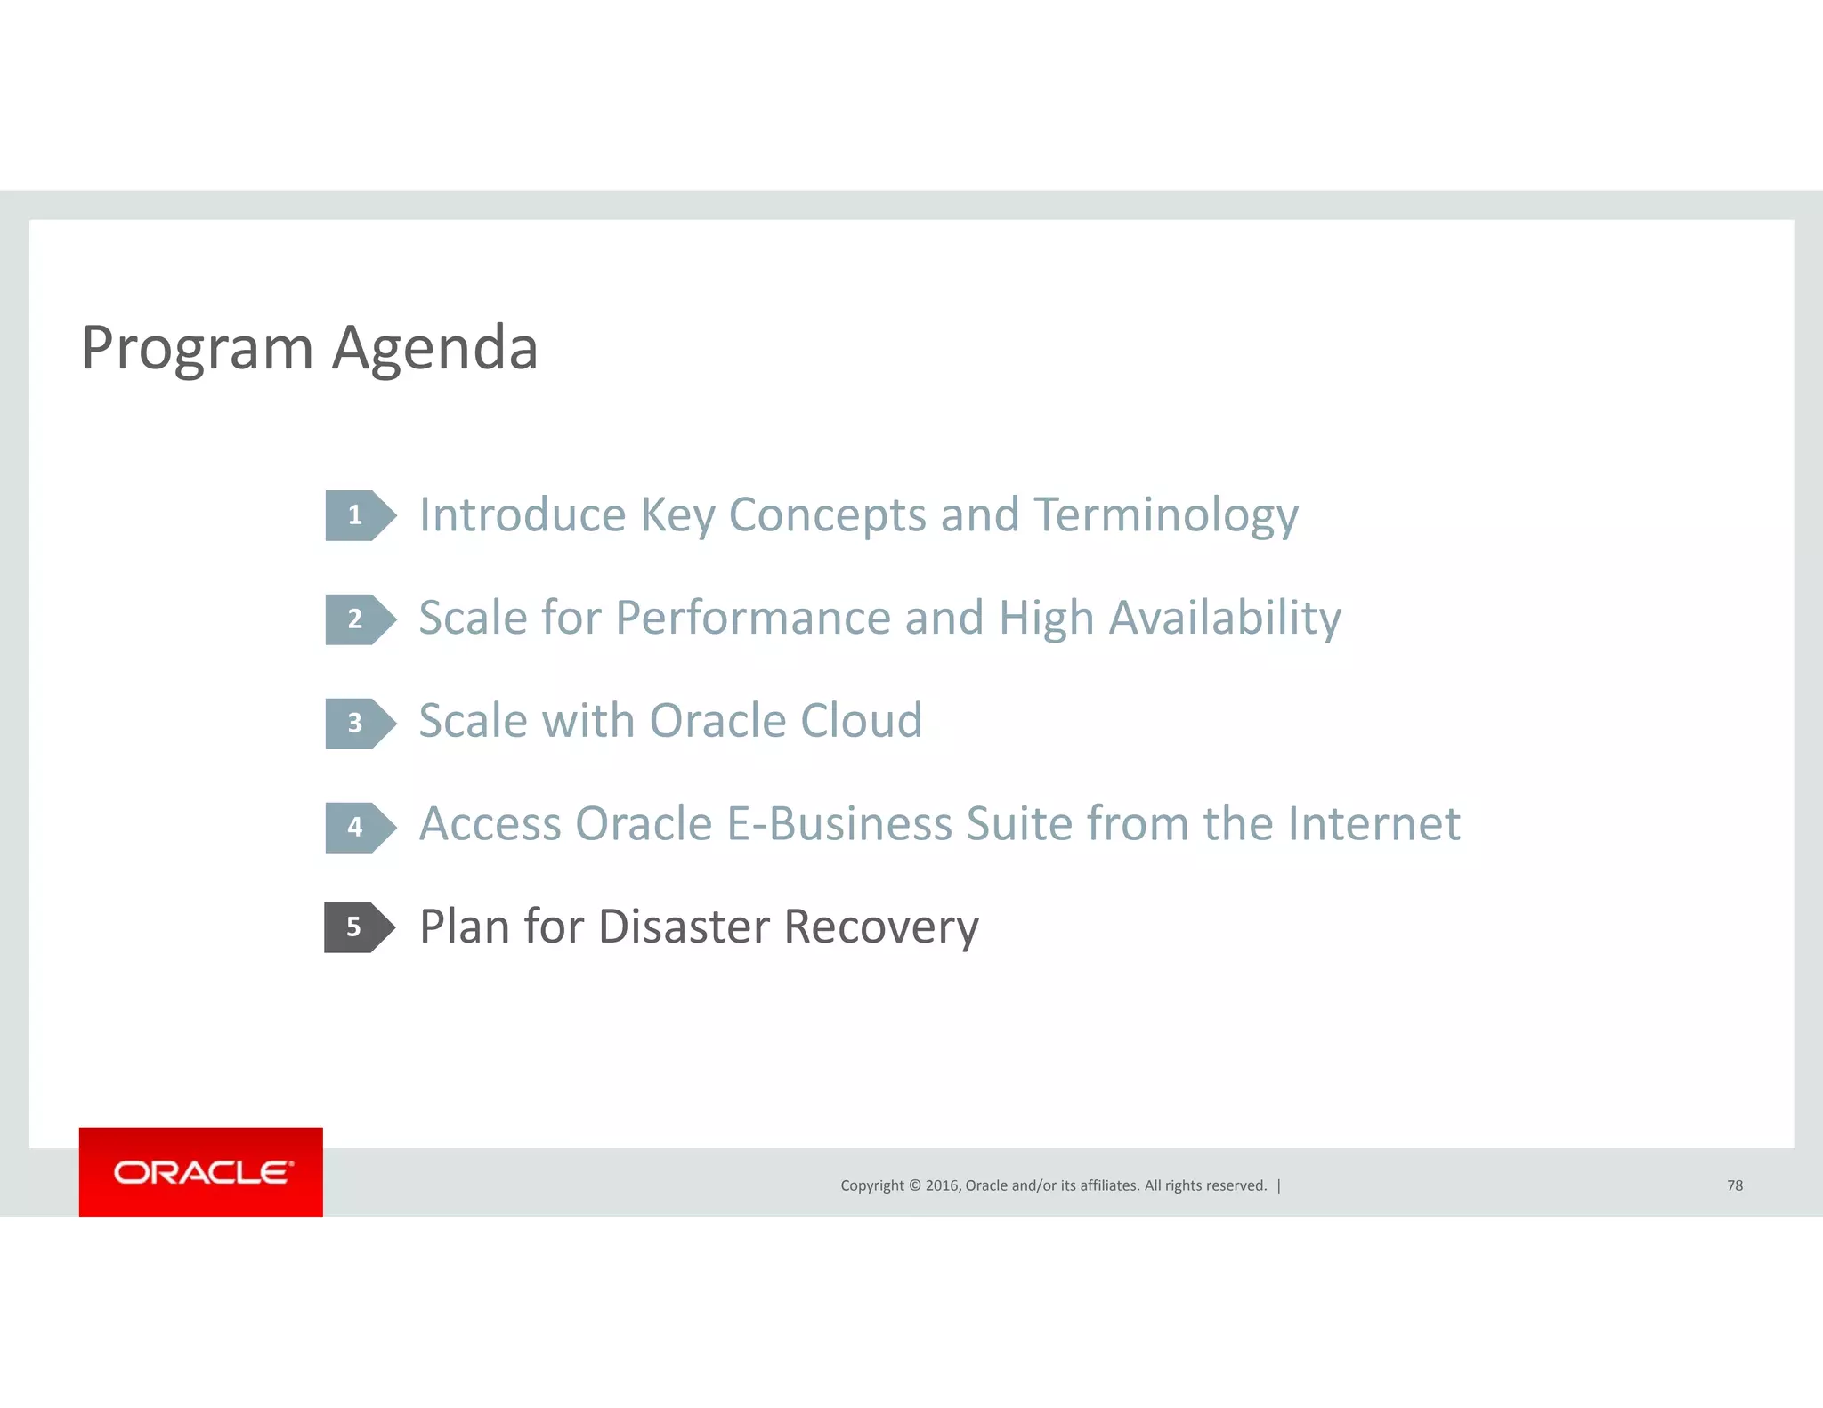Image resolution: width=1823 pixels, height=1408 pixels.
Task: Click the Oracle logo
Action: [201, 1171]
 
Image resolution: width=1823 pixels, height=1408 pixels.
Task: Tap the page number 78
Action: [1734, 1185]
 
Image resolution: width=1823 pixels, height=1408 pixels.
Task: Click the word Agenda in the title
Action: [434, 348]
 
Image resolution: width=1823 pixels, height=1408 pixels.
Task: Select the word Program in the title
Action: [197, 348]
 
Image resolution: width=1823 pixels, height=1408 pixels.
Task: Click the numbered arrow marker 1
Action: [358, 515]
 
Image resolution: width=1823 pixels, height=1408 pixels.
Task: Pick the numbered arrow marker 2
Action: [358, 619]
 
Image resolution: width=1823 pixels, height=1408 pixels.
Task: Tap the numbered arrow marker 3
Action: [358, 723]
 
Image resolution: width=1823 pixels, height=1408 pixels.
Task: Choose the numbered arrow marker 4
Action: [358, 827]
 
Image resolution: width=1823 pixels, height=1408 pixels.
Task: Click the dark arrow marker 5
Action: [357, 927]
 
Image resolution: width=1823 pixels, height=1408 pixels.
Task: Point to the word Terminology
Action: [1166, 515]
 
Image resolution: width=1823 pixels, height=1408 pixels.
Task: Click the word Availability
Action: [1225, 619]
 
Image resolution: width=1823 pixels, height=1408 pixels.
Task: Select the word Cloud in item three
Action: [861, 721]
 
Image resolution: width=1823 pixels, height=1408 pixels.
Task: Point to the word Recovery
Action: [881, 927]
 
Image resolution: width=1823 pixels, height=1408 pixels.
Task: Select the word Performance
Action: [752, 619]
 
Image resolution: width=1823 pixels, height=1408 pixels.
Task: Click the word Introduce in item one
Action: [523, 515]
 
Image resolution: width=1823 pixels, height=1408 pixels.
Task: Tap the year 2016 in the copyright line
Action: [942, 1185]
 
